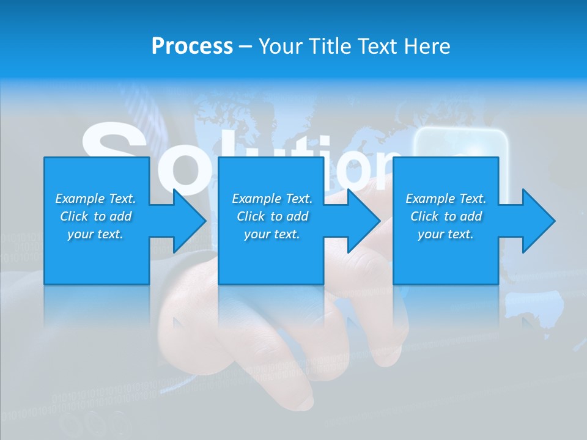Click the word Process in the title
point(192,46)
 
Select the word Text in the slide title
point(377,46)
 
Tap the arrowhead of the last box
point(537,221)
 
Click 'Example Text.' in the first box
point(95,199)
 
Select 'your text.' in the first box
point(95,234)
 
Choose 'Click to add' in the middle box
point(272,216)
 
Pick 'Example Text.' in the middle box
point(272,199)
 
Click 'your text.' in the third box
point(446,234)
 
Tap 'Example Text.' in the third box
point(446,199)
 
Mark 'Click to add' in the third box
point(446,216)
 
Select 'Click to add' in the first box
point(95,216)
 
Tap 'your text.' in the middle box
point(272,234)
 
